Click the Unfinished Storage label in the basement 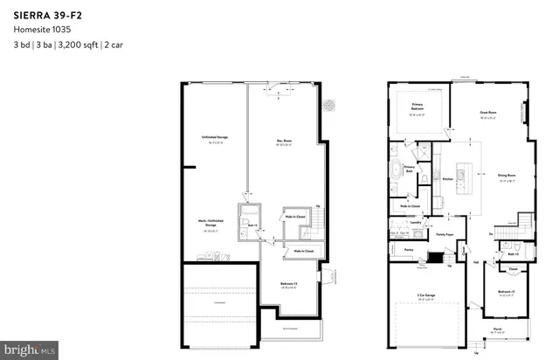(210, 138)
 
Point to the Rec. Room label (284, 138)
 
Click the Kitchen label (447, 178)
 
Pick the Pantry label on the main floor (408, 249)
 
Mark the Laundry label (417, 222)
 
